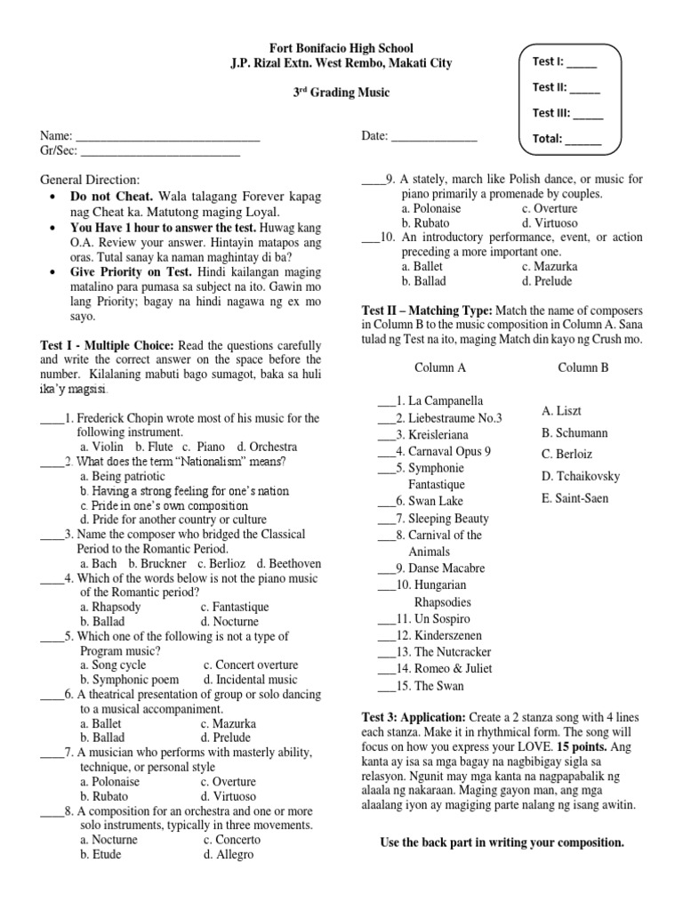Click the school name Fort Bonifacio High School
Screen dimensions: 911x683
(x=341, y=48)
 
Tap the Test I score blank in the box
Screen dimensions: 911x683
(x=583, y=64)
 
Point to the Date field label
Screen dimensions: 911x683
(x=374, y=135)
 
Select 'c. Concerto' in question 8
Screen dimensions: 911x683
(x=232, y=839)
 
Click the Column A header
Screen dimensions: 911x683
(x=440, y=367)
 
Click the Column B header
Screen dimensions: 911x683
(x=583, y=367)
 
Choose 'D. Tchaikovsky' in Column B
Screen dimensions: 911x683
(x=581, y=476)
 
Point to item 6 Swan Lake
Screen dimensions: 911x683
(x=430, y=502)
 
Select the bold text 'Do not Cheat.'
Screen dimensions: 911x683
(x=113, y=195)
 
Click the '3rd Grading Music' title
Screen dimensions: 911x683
(x=341, y=93)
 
